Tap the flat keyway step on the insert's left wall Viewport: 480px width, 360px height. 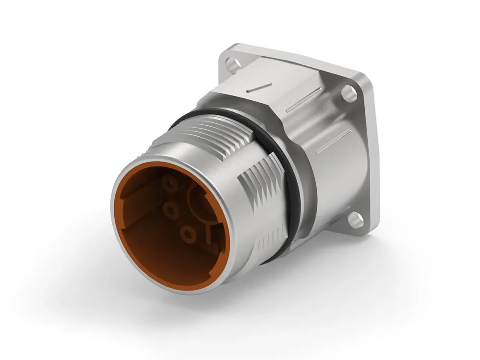tap(134, 202)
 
